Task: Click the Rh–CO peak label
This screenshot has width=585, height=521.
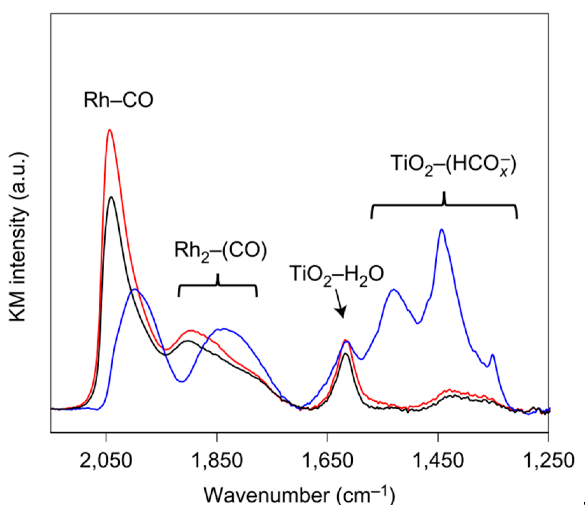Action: [x=118, y=100]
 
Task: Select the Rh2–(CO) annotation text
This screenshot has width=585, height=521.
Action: [x=220, y=251]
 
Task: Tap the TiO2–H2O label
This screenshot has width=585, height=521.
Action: [x=336, y=274]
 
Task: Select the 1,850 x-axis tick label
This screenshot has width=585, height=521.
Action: [x=217, y=461]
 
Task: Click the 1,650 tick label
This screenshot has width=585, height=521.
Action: [x=327, y=461]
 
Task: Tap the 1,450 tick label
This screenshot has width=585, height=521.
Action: [x=438, y=461]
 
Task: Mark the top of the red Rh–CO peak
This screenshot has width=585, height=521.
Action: [x=110, y=130]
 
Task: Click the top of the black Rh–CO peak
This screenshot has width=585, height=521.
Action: [x=111, y=197]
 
